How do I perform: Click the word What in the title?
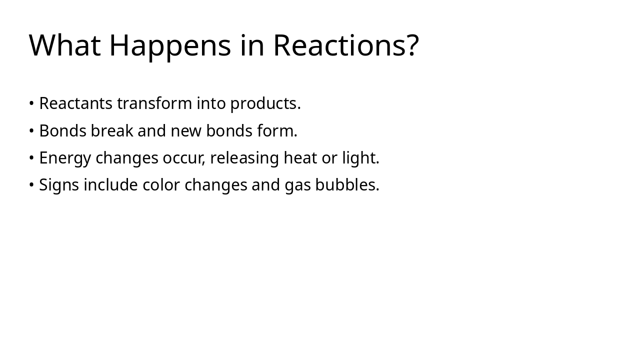point(64,45)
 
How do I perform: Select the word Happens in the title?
point(170,45)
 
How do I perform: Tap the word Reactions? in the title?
point(345,45)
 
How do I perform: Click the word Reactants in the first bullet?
point(76,103)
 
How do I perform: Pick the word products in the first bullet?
point(263,103)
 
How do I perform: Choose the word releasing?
point(244,158)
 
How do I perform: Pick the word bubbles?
point(345,185)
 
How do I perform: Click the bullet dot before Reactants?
point(31,103)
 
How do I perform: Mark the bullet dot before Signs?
point(31,185)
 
